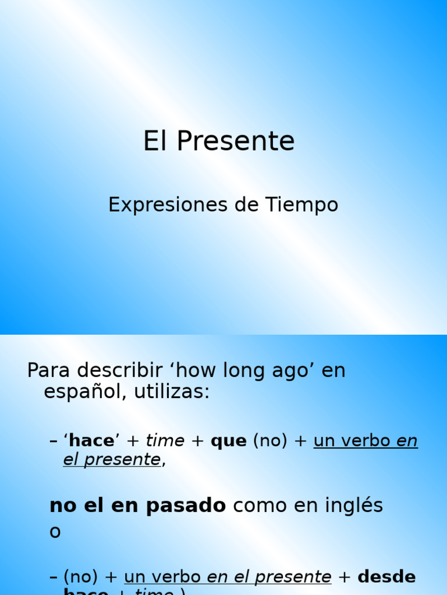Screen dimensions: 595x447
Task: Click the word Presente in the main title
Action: [x=236, y=141]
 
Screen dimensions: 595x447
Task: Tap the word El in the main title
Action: [x=155, y=141]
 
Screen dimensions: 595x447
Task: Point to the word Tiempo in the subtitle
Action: [x=302, y=205]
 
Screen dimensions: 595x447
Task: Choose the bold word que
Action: [x=228, y=441]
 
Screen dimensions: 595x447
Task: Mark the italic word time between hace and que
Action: [x=165, y=441]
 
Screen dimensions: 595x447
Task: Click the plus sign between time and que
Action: [x=197, y=441]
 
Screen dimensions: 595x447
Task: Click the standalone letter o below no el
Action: [x=55, y=532]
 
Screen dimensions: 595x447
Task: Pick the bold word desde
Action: [x=386, y=577]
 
